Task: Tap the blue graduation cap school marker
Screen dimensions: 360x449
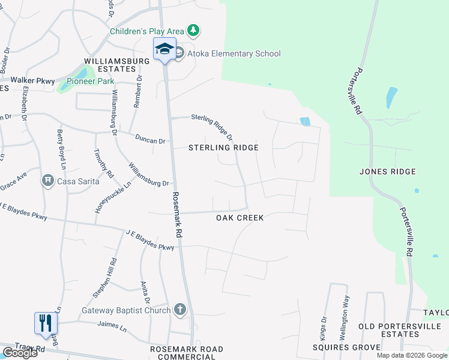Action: point(164,49)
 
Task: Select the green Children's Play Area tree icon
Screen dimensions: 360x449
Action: point(193,30)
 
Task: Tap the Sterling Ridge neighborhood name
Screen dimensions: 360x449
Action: point(223,148)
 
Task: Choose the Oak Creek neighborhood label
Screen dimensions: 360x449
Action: point(240,218)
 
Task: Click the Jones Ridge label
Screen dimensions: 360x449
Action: point(387,172)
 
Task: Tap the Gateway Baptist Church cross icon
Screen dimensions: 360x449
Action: point(179,310)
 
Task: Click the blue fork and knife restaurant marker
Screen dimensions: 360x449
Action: point(46,323)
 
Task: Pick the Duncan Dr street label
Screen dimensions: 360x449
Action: point(149,140)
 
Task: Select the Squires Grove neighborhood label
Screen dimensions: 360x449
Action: point(346,347)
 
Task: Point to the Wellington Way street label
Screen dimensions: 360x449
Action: point(346,313)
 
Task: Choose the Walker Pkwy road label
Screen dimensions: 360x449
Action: point(32,80)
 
